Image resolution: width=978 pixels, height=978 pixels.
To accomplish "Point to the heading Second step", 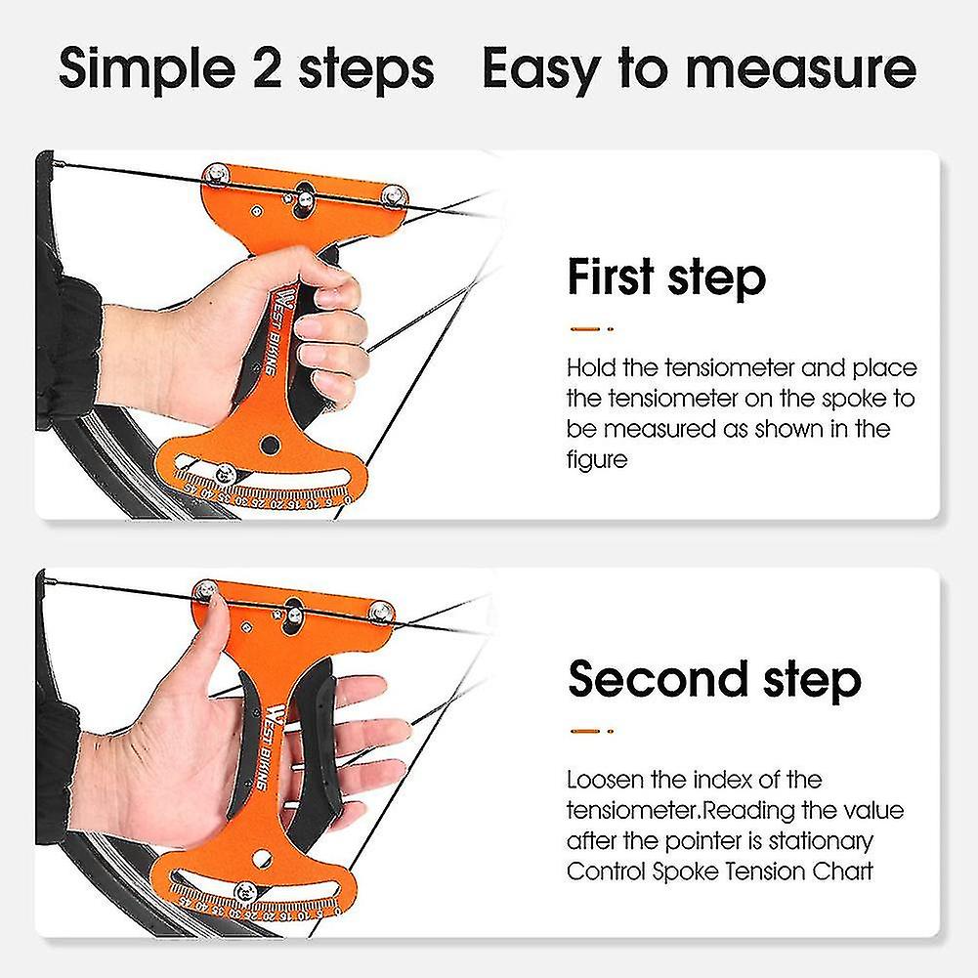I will pos(714,678).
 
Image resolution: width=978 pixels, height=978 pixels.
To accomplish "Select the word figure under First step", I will pos(596,459).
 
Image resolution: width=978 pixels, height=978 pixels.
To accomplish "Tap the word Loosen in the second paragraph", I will pos(607,780).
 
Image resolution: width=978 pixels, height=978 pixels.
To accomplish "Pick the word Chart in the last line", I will pos(841,871).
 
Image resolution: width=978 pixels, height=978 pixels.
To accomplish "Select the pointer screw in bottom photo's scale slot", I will pos(246,890).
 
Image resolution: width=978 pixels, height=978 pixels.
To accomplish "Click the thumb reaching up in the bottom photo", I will pos(212,625).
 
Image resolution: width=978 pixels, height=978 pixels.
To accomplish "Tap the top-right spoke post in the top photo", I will pos(393,193).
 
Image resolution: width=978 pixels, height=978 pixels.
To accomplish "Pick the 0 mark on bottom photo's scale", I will pos(336,913).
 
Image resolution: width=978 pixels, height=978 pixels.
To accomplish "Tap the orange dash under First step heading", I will pos(585,328).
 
